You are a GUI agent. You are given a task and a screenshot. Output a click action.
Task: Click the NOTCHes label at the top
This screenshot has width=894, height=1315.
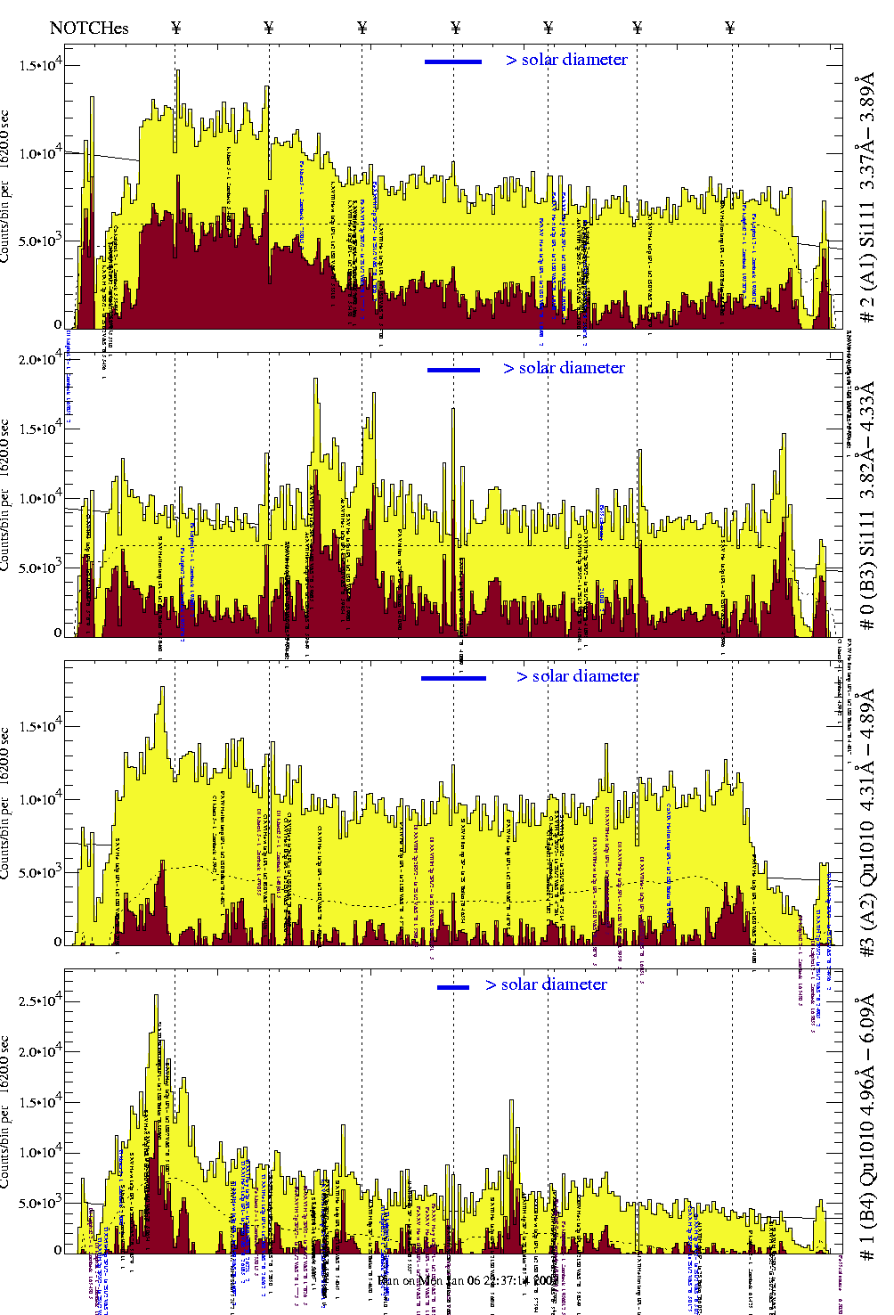(89, 28)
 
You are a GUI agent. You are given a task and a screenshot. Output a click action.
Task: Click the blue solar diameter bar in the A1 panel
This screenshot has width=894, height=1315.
(452, 61)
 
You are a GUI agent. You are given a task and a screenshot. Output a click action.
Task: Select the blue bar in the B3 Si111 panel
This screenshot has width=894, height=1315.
(453, 370)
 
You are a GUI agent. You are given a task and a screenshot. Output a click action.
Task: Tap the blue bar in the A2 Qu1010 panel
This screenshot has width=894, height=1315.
(453, 678)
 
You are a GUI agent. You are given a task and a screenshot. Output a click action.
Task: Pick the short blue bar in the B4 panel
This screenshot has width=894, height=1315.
(453, 987)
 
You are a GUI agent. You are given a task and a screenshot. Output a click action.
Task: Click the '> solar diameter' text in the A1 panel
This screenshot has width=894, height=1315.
(567, 60)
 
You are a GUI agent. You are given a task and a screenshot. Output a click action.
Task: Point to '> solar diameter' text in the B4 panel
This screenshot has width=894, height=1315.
(547, 984)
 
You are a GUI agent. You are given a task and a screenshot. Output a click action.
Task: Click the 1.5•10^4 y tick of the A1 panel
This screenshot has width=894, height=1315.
(40, 66)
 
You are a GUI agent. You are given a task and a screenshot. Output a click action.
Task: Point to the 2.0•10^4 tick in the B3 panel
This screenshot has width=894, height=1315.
(40, 360)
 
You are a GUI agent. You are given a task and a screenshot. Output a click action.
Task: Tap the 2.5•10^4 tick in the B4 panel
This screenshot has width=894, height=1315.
(40, 1001)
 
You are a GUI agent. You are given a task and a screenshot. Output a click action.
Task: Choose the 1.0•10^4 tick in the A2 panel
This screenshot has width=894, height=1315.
(40, 799)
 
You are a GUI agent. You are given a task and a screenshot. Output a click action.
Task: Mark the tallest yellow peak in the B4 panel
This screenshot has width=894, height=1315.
(157, 998)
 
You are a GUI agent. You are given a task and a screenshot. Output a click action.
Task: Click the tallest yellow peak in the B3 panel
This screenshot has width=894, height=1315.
(315, 380)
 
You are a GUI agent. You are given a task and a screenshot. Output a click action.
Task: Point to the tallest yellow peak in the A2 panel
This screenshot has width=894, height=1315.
(162, 689)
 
